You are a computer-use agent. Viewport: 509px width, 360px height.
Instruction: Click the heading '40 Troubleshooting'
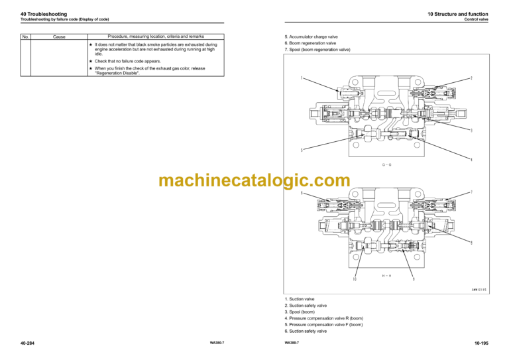40,14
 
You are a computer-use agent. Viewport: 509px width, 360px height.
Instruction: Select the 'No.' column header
26,36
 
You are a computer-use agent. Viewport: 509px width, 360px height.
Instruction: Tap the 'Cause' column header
59,36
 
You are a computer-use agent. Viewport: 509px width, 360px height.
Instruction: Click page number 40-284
28,342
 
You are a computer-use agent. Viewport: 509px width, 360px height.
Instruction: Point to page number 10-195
482,342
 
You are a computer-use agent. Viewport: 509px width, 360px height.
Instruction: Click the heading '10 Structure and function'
461,14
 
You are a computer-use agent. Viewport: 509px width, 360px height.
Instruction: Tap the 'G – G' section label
386,164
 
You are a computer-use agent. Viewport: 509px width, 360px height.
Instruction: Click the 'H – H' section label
386,274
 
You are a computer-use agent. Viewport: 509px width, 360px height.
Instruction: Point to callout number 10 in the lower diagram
355,279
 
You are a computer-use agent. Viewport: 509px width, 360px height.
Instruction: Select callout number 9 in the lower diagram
414,279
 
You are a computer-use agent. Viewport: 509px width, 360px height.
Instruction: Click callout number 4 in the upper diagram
471,159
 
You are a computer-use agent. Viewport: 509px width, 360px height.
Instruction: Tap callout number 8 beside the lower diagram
471,243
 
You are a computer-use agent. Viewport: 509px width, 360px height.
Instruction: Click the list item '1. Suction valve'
300,299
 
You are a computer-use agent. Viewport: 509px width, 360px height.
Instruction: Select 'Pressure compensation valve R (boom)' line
324,318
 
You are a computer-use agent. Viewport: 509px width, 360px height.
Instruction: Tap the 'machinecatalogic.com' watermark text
254,180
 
